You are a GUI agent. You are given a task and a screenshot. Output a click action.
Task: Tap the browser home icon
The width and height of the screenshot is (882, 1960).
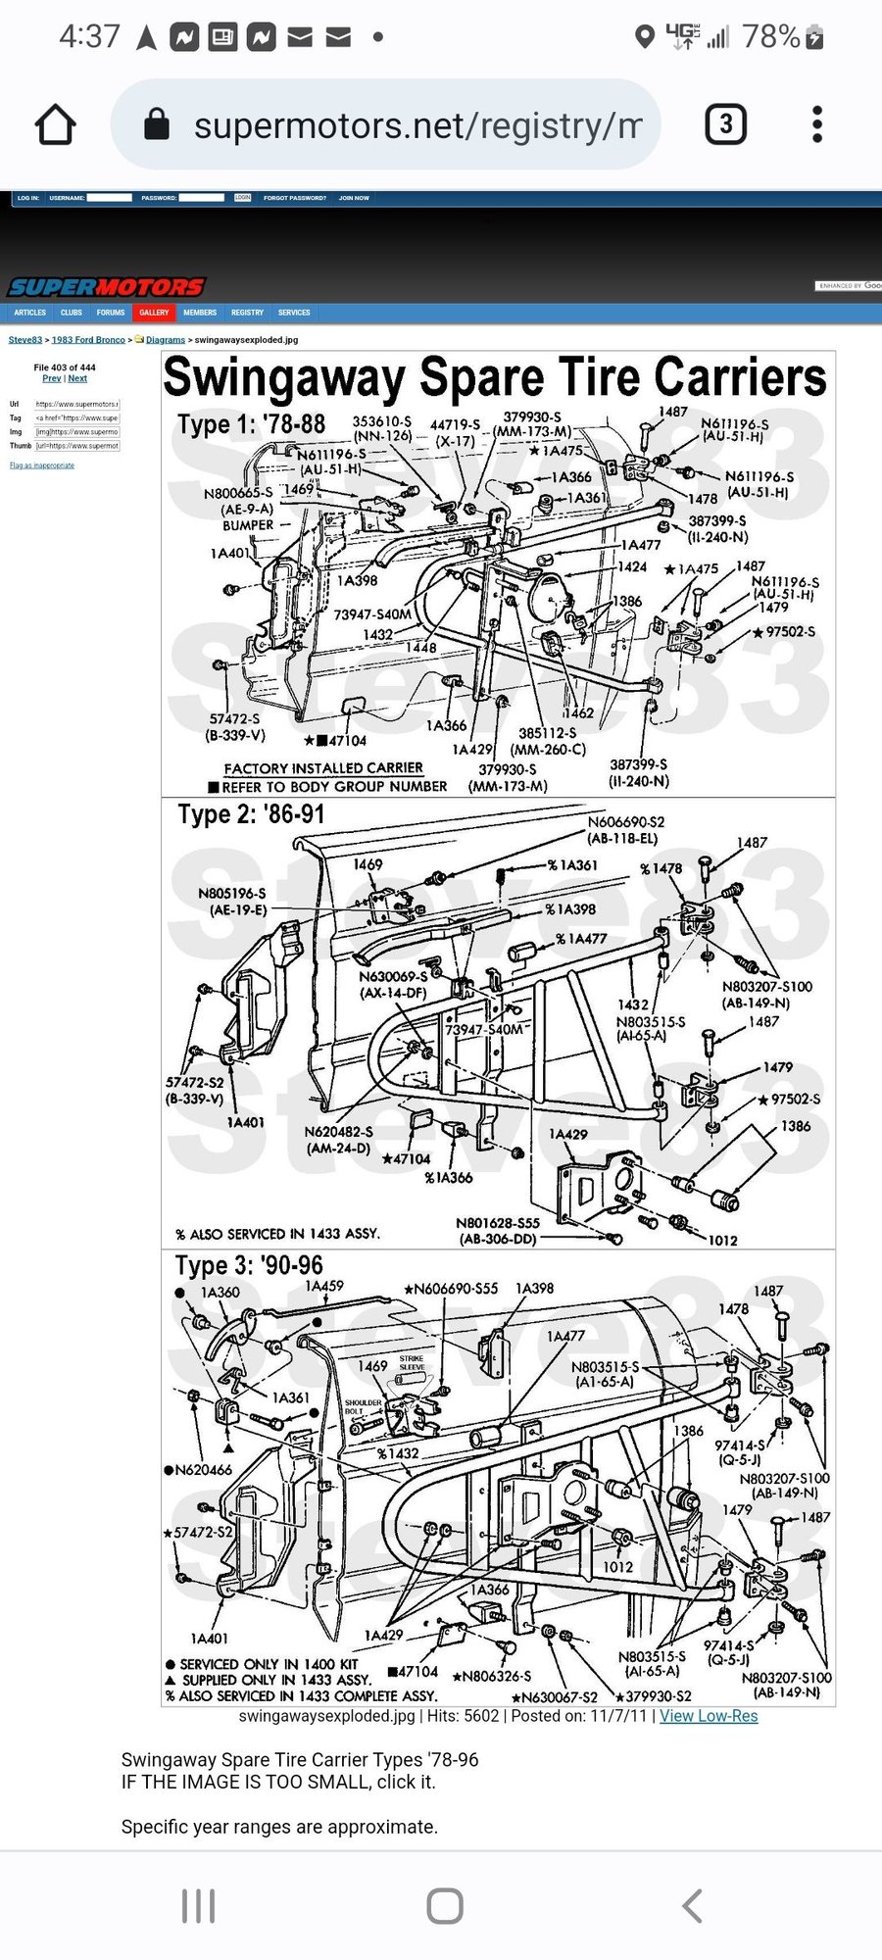click(x=55, y=124)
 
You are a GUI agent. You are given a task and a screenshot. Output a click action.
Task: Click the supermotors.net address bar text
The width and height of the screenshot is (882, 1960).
click(x=417, y=125)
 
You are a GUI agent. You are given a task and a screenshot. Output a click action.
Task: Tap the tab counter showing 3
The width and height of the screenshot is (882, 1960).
click(x=725, y=124)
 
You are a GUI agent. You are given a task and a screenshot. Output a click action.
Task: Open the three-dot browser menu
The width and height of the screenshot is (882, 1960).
click(x=817, y=124)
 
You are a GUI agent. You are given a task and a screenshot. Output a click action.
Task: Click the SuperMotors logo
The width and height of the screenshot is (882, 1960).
click(x=106, y=287)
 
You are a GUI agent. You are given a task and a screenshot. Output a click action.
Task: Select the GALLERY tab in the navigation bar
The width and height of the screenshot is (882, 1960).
click(x=154, y=313)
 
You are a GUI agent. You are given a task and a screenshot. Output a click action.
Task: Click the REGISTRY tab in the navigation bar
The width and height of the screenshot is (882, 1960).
click(x=247, y=313)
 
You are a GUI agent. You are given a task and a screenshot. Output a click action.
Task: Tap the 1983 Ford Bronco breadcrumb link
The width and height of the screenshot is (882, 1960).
click(x=88, y=340)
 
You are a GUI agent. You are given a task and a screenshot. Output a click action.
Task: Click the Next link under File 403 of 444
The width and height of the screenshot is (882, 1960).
click(x=77, y=378)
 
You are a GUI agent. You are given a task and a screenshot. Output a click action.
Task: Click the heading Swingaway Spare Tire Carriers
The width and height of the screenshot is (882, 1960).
click(x=495, y=378)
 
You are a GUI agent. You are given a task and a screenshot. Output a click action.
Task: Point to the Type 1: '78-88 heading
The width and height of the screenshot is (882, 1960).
click(x=251, y=424)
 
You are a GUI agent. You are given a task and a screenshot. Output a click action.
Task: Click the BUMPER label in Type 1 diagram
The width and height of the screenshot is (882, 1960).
click(x=248, y=525)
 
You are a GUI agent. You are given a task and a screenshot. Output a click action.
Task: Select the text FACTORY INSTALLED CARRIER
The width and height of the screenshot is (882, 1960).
click(x=323, y=768)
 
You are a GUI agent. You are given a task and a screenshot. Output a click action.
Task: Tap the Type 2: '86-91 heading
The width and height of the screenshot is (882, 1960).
click(x=251, y=814)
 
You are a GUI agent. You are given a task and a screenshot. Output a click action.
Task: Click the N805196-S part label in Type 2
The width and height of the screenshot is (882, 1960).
click(x=231, y=894)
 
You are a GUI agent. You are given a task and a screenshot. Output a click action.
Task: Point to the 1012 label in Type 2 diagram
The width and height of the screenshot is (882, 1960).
click(x=722, y=1241)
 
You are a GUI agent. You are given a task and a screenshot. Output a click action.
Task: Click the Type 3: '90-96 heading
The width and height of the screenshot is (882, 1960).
click(x=249, y=1265)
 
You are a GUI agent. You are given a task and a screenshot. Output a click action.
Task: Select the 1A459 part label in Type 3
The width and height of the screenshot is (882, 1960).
click(x=324, y=1286)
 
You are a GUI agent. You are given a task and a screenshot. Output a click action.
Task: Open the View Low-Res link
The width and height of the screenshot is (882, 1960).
click(x=709, y=1716)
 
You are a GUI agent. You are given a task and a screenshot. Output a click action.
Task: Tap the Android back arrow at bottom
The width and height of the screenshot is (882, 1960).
click(x=692, y=1906)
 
